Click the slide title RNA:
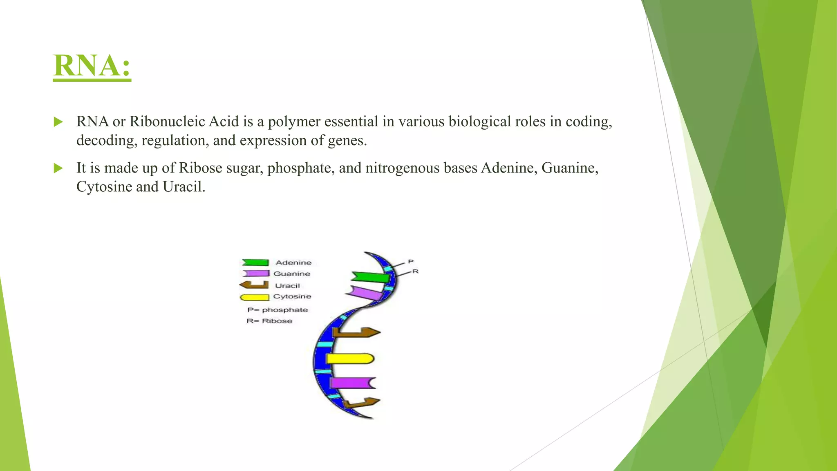pyautogui.click(x=92, y=65)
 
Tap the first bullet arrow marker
pyautogui.click(x=58, y=122)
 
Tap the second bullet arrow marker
pyautogui.click(x=58, y=168)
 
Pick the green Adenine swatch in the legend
pyautogui.click(x=255, y=262)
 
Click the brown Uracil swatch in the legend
pyautogui.click(x=254, y=285)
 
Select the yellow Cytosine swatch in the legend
pyautogui.click(x=254, y=297)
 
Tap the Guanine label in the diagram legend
pyautogui.click(x=292, y=274)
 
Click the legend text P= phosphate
pyautogui.click(x=278, y=310)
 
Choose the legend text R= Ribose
pyautogui.click(x=269, y=321)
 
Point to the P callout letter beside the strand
pyautogui.click(x=411, y=261)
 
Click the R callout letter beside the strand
pyautogui.click(x=415, y=271)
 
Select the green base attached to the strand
pyautogui.click(x=370, y=277)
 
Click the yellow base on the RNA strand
pyautogui.click(x=350, y=359)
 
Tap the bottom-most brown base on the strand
pyautogui.click(x=361, y=403)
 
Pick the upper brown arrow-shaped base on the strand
pyautogui.click(x=356, y=332)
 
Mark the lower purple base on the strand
pyautogui.click(x=352, y=383)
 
